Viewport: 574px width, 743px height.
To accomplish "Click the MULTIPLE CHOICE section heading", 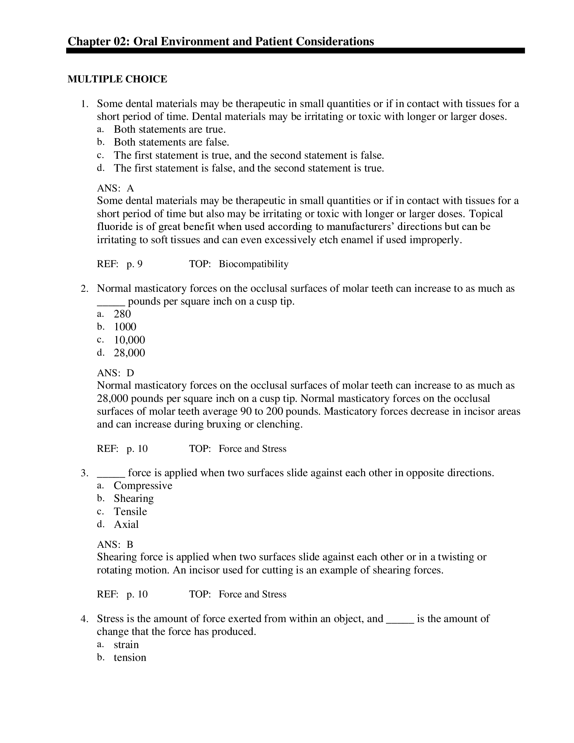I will click(x=117, y=79).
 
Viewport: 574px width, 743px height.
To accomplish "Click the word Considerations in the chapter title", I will click(x=335, y=42).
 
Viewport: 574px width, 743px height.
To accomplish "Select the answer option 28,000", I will click(x=129, y=353).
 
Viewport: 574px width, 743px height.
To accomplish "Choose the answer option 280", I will click(x=122, y=314).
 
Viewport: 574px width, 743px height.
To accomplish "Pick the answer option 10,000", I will click(x=129, y=339).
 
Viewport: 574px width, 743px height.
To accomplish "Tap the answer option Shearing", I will click(x=134, y=498).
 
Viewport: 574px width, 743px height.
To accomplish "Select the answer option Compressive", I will click(x=143, y=485).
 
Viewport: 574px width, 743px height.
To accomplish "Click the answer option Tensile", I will click(x=130, y=511).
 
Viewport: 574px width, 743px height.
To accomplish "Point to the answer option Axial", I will click(x=126, y=524).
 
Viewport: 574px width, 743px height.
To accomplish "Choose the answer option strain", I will click(x=126, y=645).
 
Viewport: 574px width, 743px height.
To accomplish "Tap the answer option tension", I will click(x=130, y=657).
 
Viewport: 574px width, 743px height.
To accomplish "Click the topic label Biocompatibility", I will click(x=253, y=264).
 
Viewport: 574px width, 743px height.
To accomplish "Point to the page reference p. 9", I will click(x=134, y=264).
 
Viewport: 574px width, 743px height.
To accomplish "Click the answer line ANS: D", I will click(x=115, y=373).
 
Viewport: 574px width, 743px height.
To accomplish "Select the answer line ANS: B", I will click(x=115, y=545).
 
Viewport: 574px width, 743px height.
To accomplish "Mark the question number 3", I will click(x=85, y=473).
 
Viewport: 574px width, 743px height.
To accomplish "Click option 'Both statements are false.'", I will click(x=172, y=142).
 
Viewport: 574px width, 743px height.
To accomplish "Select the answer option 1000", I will click(x=125, y=327).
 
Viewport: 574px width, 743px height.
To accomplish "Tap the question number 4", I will click(x=85, y=619).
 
